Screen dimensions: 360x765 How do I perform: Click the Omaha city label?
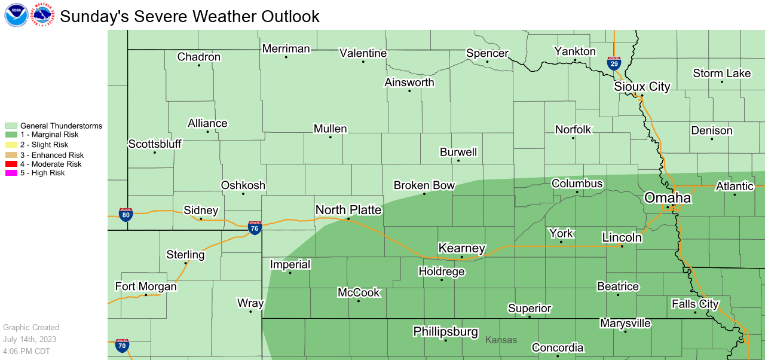coord(667,198)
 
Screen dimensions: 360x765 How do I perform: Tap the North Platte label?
coord(348,209)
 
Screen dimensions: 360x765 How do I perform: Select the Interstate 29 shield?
coord(614,63)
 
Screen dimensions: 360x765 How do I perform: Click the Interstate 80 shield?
coord(126,215)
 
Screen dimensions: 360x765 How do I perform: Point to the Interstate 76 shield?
coord(255,227)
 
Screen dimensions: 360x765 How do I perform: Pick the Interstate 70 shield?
coord(123,345)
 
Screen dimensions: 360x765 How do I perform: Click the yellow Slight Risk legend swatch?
coord(11,145)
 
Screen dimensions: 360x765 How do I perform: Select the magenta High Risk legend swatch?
coord(11,173)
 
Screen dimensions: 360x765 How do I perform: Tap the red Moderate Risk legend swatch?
coord(11,164)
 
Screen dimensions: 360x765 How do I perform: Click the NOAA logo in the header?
coord(16,15)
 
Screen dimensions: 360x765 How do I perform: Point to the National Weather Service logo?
coord(42,15)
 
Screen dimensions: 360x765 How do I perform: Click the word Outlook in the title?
coord(289,16)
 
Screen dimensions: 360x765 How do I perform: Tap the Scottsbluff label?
coord(155,144)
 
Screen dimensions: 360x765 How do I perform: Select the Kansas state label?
coord(501,340)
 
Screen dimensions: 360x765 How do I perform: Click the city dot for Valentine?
coord(363,62)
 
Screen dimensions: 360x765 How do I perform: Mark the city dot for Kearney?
coord(461,257)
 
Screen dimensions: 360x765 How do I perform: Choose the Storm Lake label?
coord(721,74)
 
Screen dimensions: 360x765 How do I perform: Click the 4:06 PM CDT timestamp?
coord(26,351)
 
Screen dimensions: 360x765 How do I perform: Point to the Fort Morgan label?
coord(146,286)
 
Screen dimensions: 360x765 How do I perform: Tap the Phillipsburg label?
coord(445,331)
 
